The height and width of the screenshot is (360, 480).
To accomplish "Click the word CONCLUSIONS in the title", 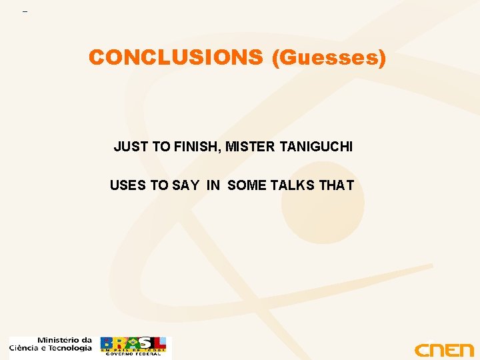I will [176, 58].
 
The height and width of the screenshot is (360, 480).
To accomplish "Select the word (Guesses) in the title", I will [329, 58].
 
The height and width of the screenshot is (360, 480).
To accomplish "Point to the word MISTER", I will [249, 147].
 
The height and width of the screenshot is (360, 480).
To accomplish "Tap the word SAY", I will [185, 185].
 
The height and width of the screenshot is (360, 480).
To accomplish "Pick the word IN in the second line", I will [213, 185].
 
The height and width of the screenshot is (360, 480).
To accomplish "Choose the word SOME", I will [247, 185].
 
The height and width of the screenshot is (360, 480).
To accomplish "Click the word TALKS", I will [293, 185].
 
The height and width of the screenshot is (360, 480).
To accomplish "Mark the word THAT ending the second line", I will [337, 185].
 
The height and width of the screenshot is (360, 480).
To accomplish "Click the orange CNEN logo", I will [443, 350].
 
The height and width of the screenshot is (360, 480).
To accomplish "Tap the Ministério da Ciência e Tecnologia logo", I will [51, 344].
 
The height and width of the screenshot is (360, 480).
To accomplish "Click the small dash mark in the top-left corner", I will [25, 12].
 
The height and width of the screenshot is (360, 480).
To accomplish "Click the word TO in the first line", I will [161, 147].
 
